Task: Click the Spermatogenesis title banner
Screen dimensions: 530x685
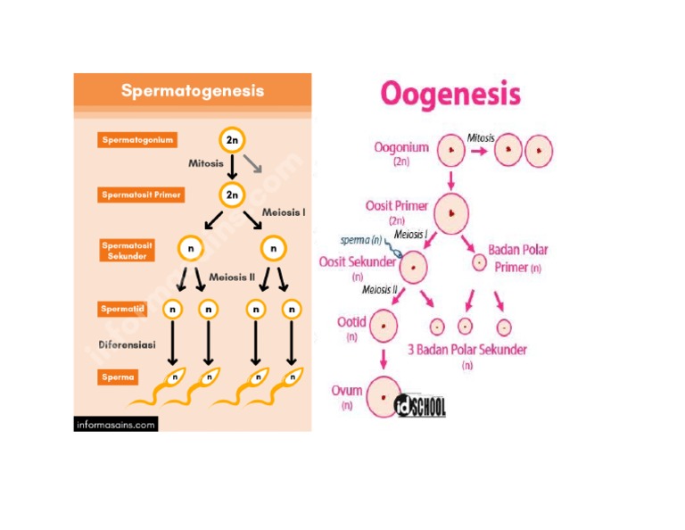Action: tap(193, 91)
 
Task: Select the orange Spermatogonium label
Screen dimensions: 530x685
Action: tap(136, 140)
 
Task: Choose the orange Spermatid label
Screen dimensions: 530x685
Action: tap(123, 309)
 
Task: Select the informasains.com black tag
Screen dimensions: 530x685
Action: tap(115, 425)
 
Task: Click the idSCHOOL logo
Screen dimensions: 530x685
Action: tap(420, 406)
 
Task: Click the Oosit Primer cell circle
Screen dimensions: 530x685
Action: tap(451, 213)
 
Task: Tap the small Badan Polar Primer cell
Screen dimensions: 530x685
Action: tap(479, 263)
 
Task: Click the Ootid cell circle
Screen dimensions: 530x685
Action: tap(384, 326)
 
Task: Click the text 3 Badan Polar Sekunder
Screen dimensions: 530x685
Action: tap(467, 349)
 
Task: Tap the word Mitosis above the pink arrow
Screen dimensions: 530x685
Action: tap(481, 137)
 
